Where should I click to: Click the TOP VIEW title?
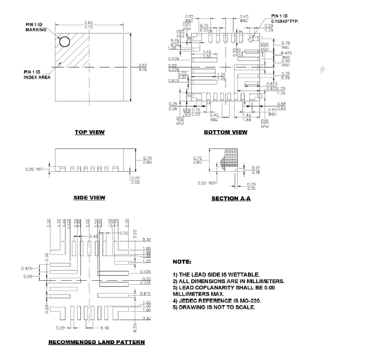[x=90, y=132]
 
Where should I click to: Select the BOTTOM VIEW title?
[x=225, y=132]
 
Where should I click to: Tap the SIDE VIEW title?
[x=89, y=198]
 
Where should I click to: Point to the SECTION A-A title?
[x=231, y=198]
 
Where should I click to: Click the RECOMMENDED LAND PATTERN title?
[x=96, y=342]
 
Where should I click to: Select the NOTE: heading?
[x=182, y=261]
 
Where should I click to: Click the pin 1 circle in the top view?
[x=65, y=42]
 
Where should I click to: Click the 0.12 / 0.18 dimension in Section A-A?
[x=256, y=170]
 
